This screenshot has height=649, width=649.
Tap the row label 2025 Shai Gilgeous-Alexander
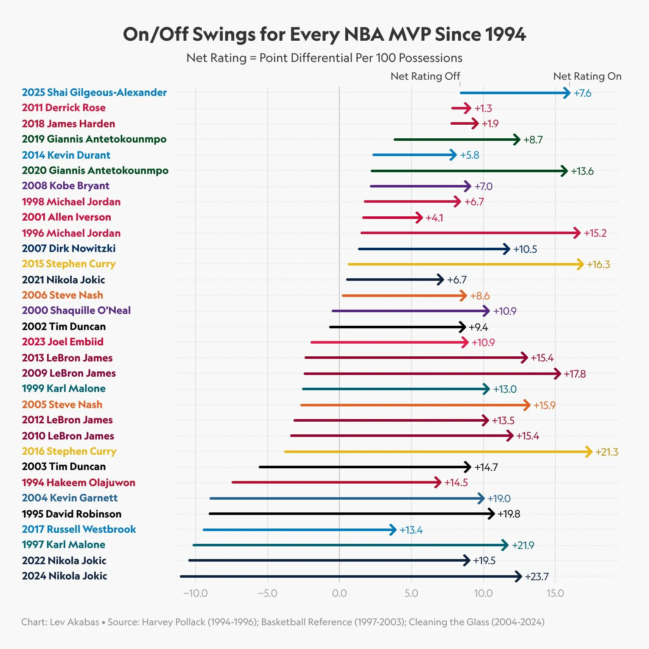click(x=94, y=92)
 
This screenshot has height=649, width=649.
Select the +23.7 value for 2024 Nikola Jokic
click(x=537, y=577)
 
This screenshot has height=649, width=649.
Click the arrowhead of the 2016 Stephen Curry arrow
click(x=589, y=452)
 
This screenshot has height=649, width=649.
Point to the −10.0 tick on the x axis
click(x=196, y=593)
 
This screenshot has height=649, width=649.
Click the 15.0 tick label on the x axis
click(x=555, y=593)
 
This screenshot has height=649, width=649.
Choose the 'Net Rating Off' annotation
click(x=425, y=76)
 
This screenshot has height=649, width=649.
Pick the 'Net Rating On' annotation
click(x=587, y=76)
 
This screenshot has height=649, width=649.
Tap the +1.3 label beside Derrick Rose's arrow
click(x=483, y=109)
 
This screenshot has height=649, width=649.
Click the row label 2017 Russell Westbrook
click(x=79, y=529)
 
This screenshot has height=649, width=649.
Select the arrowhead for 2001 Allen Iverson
click(x=420, y=218)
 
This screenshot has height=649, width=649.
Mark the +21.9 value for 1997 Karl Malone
click(x=523, y=545)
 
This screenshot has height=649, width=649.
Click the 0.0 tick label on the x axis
click(x=339, y=593)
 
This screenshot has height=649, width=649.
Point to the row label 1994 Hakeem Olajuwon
click(x=78, y=483)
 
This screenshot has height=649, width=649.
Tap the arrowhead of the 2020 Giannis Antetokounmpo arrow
click(x=564, y=171)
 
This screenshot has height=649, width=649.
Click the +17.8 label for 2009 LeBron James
click(x=575, y=374)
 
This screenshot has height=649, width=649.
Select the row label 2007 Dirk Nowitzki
click(x=69, y=249)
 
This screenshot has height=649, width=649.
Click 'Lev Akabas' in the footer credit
click(x=74, y=622)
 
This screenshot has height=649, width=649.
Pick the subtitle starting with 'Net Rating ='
click(x=324, y=58)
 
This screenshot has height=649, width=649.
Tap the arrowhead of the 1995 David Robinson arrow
click(x=491, y=514)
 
